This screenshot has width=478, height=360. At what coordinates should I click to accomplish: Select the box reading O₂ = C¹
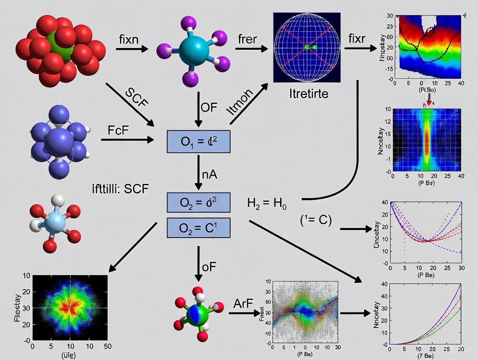(x=198, y=228)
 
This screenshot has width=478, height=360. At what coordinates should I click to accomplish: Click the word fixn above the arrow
(x=128, y=39)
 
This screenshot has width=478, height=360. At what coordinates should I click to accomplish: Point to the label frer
(x=247, y=39)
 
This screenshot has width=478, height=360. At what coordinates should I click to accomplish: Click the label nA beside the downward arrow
(x=209, y=175)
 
